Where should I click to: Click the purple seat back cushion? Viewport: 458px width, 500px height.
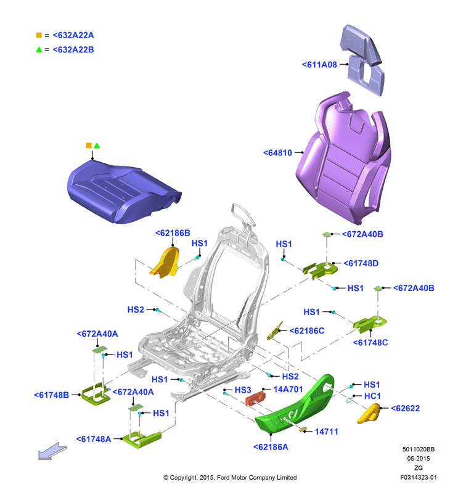click(x=344, y=160)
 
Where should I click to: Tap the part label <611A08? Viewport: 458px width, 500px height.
click(x=319, y=65)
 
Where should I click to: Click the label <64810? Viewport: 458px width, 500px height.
click(x=277, y=153)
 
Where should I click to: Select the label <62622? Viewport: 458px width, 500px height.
click(x=405, y=409)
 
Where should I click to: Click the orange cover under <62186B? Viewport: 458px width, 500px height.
click(x=165, y=262)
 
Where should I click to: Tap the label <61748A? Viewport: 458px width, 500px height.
click(x=94, y=440)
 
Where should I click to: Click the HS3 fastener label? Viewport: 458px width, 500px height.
click(x=243, y=390)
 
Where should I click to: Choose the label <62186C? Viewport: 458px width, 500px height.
click(x=307, y=331)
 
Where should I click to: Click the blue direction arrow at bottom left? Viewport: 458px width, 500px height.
click(x=52, y=451)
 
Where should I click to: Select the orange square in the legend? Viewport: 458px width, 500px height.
click(x=39, y=35)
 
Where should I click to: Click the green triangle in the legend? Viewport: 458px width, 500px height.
click(x=39, y=49)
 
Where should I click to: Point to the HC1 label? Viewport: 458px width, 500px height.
click(x=372, y=396)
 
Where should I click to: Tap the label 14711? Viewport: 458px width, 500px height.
click(x=326, y=432)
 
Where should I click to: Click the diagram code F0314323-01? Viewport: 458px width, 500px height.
click(x=419, y=477)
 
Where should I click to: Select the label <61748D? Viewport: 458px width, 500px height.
click(x=361, y=264)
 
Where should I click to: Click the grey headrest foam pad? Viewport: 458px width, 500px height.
click(x=363, y=60)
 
